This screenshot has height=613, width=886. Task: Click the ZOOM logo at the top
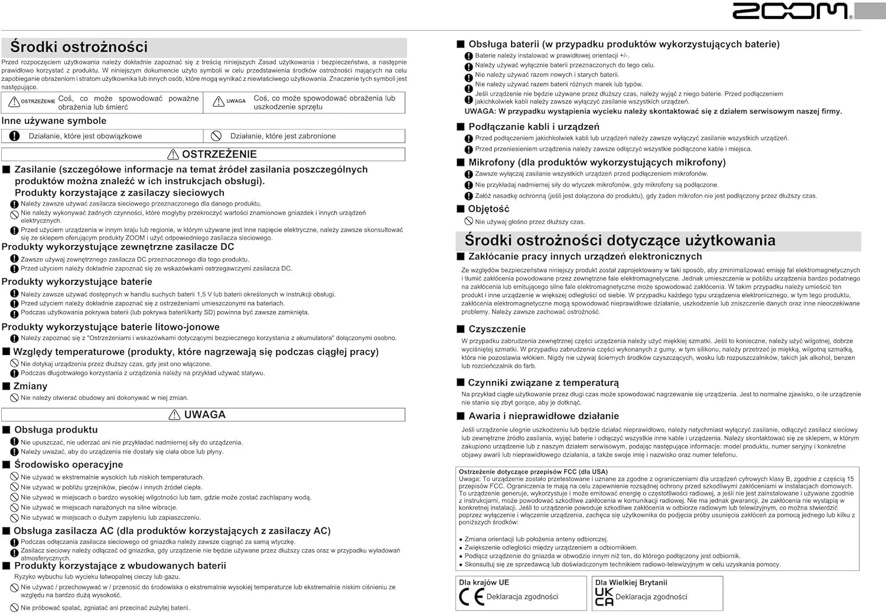pos(790,11)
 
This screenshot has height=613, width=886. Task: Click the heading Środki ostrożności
pos(79,47)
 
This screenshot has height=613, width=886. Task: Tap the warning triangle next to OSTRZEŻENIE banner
pos(173,155)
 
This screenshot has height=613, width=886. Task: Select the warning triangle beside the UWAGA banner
pos(174,415)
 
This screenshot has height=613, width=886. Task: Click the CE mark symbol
pos(471,597)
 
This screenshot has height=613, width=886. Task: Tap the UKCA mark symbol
pos(604,597)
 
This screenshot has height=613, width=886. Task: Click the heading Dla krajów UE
pos(484,582)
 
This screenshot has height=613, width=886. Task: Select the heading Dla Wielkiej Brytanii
pos(631,582)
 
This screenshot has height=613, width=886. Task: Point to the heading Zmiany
pos(30,386)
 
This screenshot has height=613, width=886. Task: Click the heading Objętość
pos(488,209)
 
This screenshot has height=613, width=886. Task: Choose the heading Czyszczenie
pos(497,329)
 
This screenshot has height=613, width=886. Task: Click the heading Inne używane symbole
pos(54,121)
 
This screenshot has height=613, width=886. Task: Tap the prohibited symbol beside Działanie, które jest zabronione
pos(216,136)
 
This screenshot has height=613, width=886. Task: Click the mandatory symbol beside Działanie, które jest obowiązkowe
pos(15,136)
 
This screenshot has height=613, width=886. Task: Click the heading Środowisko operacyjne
pos(69,465)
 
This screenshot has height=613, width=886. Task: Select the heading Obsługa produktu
pos(56,430)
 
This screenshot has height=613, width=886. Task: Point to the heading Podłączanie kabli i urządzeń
pos(533,127)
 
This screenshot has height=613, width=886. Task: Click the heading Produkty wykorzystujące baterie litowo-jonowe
pos(110,327)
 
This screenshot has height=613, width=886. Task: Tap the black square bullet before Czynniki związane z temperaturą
pos(461,383)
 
